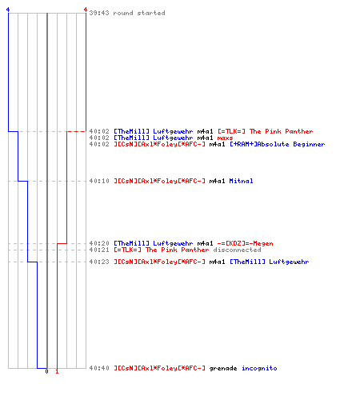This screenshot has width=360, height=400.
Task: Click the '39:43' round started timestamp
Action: (x=99, y=13)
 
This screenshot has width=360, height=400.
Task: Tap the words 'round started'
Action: (x=139, y=13)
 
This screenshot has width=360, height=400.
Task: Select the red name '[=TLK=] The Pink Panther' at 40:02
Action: (x=266, y=131)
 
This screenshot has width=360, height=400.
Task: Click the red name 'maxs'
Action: (x=225, y=138)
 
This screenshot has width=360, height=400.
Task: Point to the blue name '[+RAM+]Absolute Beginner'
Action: (x=278, y=144)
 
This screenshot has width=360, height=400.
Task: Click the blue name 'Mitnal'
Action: (x=241, y=181)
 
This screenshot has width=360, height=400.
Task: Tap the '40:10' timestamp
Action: (x=99, y=181)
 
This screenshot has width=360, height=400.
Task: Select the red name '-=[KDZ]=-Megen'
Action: (x=246, y=243)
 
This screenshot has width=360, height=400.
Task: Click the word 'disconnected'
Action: (x=237, y=250)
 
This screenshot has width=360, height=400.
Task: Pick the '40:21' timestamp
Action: (x=99, y=250)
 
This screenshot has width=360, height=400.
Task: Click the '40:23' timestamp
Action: (x=99, y=262)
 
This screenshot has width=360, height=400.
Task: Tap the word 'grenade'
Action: (x=223, y=368)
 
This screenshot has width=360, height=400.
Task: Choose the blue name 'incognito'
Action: (x=259, y=368)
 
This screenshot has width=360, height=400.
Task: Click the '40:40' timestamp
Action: (x=99, y=368)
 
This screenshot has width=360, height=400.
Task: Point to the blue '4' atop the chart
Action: (x=8, y=10)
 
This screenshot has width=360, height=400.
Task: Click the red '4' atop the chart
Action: (x=86, y=10)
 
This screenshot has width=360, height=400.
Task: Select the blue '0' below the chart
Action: (x=46, y=371)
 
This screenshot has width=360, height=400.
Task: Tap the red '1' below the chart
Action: (x=57, y=371)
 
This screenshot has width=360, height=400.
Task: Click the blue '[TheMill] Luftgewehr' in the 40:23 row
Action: (x=270, y=262)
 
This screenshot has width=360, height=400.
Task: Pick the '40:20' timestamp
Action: (x=99, y=243)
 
